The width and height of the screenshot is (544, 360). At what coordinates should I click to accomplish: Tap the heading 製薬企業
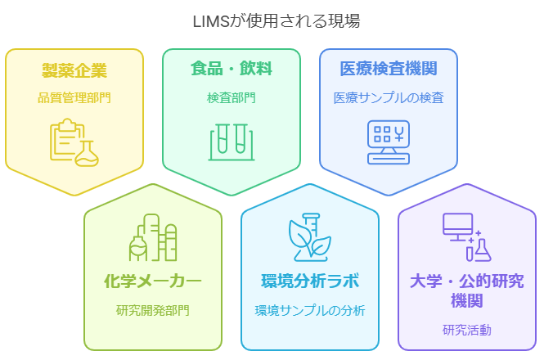(x=74, y=70)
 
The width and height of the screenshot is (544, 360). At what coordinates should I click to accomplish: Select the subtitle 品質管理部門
(x=74, y=98)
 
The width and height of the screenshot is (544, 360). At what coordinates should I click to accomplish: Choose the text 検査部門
(x=231, y=98)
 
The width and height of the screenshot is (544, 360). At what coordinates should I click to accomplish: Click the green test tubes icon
(x=231, y=142)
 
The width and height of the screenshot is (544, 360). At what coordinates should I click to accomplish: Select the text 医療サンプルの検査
(x=388, y=98)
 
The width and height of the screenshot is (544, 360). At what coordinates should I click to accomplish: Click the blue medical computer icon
(x=388, y=142)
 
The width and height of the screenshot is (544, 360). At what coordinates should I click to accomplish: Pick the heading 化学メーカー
(x=153, y=282)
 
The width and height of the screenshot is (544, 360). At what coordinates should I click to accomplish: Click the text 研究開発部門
(x=153, y=311)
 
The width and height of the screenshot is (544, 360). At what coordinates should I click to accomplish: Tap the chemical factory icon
(x=153, y=238)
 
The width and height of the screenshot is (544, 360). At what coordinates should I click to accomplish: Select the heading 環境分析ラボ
(x=309, y=282)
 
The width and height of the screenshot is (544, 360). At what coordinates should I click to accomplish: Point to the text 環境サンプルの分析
(x=309, y=311)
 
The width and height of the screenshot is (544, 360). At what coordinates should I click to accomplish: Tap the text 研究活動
(x=466, y=331)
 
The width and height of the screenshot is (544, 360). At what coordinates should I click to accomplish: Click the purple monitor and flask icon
(x=466, y=236)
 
